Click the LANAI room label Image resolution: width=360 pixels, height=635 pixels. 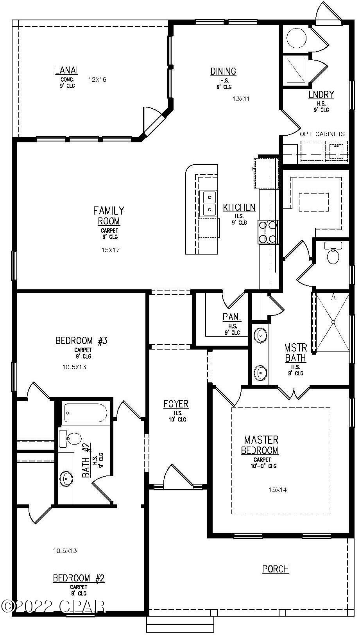66,70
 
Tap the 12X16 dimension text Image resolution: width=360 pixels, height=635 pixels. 97,80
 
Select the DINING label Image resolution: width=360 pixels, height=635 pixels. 223,71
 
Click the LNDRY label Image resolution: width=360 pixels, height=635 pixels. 321,95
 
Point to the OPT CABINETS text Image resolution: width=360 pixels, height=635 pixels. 322,134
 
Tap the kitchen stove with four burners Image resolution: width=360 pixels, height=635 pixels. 268,232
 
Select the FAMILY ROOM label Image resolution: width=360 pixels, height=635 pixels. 109,216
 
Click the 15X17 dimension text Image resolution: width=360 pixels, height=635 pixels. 110,250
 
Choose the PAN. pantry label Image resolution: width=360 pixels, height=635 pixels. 232,317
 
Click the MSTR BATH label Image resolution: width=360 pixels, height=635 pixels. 296,353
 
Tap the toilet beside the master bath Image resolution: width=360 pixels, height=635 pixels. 333,255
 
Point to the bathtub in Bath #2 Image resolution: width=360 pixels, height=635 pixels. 86,413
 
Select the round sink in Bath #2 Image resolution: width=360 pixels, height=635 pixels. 66,478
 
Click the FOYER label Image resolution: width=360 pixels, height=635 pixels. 176,404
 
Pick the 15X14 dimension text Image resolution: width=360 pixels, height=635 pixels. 278,490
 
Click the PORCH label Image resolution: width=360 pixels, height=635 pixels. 276,569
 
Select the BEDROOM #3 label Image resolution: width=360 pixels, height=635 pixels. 82,341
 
